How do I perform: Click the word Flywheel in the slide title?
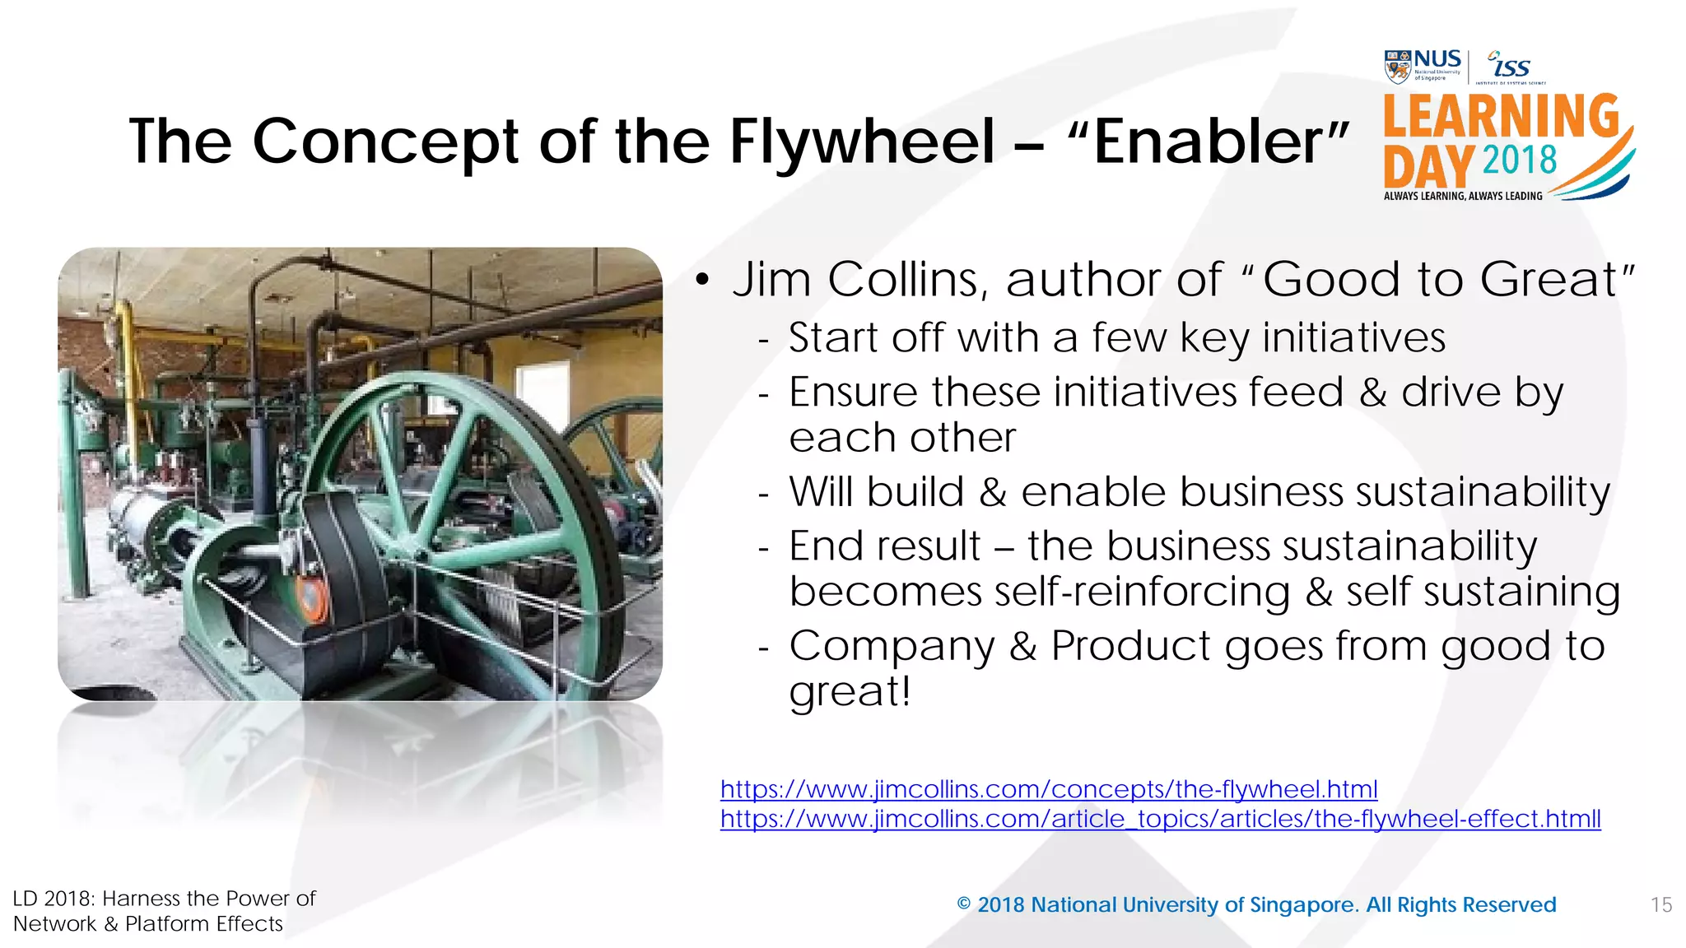coord(862,142)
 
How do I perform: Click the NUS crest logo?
coord(1397,67)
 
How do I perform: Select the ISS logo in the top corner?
coord(1510,66)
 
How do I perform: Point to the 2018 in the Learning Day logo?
coord(1520,160)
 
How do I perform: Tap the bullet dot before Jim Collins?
coord(701,281)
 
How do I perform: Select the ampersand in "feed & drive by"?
coord(1372,393)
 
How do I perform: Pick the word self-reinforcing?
coord(1142,592)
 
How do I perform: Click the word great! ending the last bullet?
coord(850,691)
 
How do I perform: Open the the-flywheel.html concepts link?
coord(1048,789)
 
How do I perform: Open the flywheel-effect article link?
coord(1160,819)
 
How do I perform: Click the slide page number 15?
coord(1660,905)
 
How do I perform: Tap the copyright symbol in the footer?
coord(964,904)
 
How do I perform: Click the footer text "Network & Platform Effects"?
coord(148,924)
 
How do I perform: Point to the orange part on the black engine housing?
coord(310,600)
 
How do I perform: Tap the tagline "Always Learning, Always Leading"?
coord(1462,196)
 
